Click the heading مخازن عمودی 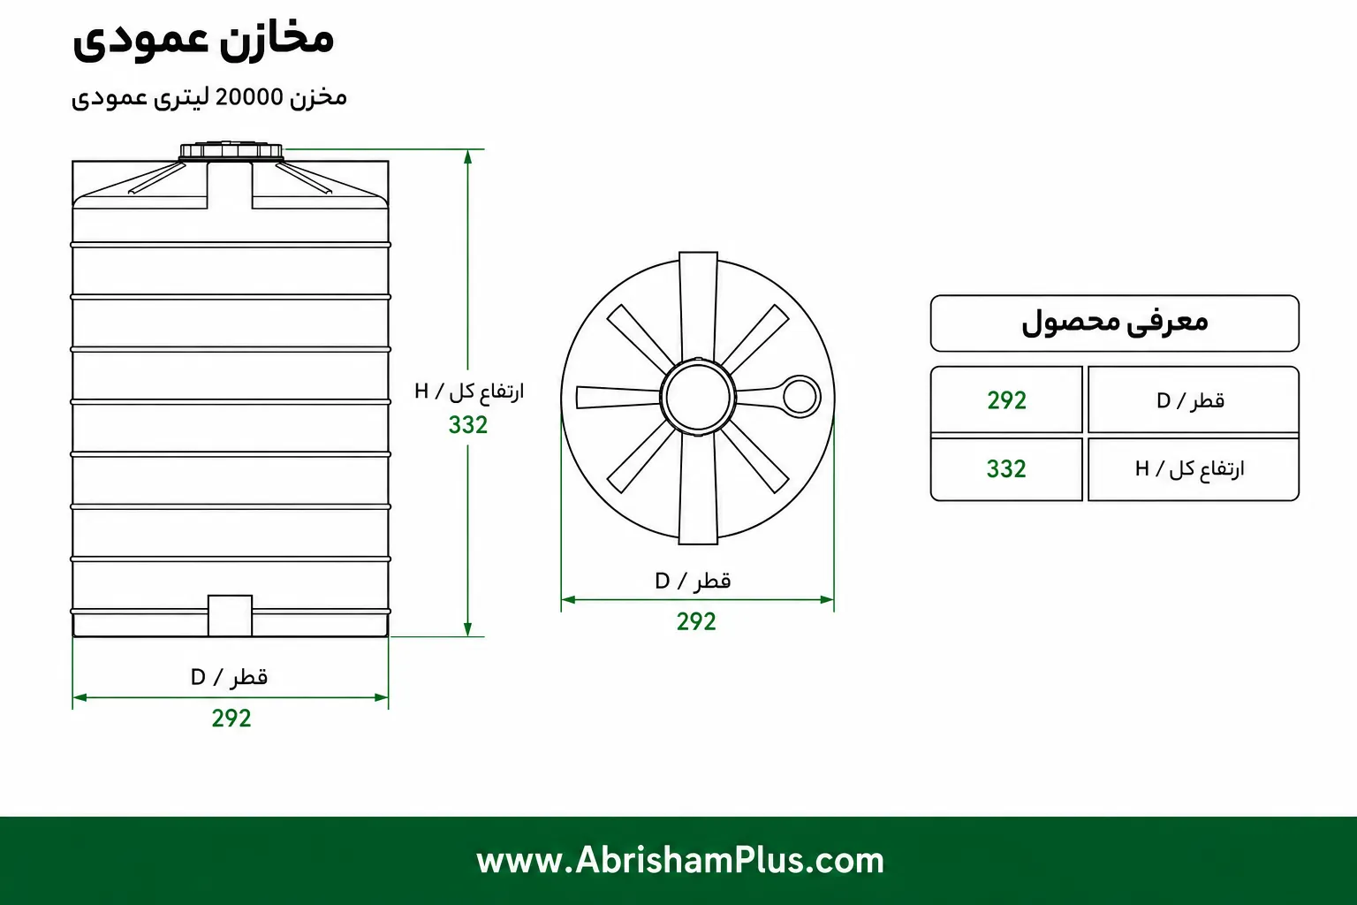pos(203,42)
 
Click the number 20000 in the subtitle pos(249,97)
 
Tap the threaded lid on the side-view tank pos(231,151)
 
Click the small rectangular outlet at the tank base pos(231,615)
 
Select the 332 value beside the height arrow pos(467,425)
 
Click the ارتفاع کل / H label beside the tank pos(469,391)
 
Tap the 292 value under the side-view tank pos(231,719)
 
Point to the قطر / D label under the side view pos(229,676)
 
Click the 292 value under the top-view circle pos(696,621)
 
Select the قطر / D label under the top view pos(693,581)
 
